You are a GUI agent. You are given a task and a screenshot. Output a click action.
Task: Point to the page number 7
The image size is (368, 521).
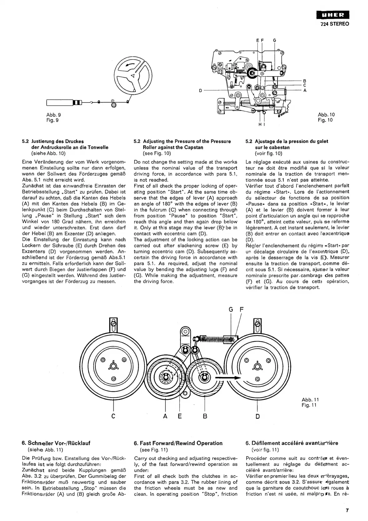347,510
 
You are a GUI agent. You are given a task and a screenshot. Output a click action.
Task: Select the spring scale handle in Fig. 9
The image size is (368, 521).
59,102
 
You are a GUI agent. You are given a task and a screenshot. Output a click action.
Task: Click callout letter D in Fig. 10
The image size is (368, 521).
201,90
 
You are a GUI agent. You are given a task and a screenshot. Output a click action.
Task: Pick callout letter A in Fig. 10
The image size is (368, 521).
305,90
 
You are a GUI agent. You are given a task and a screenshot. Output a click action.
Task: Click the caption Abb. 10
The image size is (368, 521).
326,115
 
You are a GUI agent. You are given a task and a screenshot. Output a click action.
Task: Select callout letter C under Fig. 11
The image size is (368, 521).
113,416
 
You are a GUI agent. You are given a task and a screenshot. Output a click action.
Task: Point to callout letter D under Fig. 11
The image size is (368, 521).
258,416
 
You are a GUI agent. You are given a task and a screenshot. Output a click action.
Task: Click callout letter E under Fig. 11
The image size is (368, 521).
180,416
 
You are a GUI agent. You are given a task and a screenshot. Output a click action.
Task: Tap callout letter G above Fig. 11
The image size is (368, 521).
231,310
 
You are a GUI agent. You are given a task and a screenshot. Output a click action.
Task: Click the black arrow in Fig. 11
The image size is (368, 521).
231,378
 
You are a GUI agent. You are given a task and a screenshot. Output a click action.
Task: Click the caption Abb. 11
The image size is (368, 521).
310,399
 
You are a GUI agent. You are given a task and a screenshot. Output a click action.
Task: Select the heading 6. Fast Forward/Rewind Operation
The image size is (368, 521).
178,443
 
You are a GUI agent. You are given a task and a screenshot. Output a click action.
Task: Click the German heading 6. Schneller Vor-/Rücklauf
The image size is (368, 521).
56,443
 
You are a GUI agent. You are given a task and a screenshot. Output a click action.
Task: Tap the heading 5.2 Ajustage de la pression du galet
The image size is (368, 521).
287,141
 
